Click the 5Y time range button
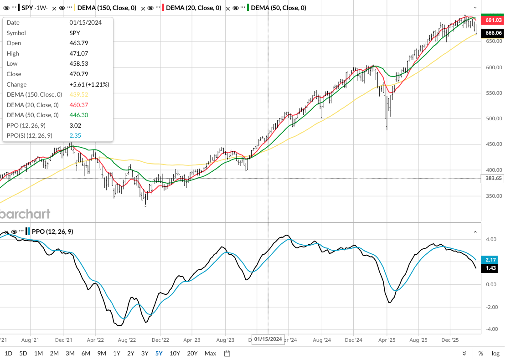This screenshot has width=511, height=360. click(x=159, y=353)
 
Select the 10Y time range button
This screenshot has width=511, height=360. click(x=175, y=353)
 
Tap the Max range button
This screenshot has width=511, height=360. click(x=210, y=353)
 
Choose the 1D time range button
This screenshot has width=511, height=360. click(x=8, y=353)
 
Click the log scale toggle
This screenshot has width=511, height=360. click(x=496, y=353)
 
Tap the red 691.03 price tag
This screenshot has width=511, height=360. click(x=494, y=21)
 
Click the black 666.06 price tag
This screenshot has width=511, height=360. click(x=494, y=33)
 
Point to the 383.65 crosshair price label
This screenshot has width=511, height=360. click(x=494, y=179)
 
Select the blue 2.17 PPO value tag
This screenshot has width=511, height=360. click(x=490, y=259)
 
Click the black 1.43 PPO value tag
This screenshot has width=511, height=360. click(x=490, y=269)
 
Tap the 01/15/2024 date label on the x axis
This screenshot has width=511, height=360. click(x=268, y=339)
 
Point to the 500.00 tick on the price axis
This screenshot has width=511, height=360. click(x=493, y=118)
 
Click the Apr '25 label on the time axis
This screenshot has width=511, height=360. click(x=387, y=340)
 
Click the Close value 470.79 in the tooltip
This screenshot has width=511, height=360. click(x=78, y=74)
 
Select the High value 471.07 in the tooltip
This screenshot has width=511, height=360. click(x=78, y=53)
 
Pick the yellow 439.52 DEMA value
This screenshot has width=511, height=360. click(x=78, y=94)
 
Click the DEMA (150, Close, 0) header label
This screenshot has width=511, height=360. click(x=107, y=8)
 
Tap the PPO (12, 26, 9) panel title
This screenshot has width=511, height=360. click(x=53, y=231)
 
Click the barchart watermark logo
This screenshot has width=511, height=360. click(x=25, y=213)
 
